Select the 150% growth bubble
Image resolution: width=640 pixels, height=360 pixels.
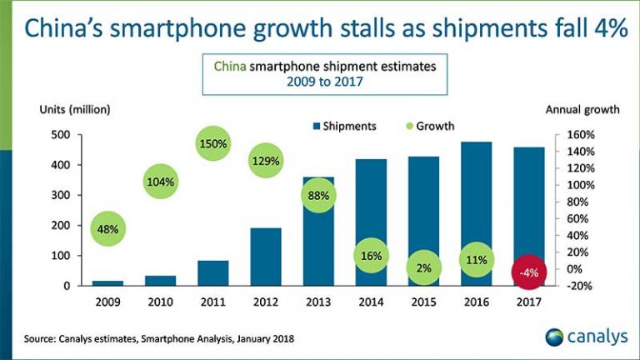(214, 144)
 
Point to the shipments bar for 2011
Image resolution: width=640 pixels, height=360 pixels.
(213, 272)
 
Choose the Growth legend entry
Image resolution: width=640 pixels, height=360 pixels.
(429, 127)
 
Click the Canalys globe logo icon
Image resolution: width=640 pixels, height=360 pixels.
(555, 337)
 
